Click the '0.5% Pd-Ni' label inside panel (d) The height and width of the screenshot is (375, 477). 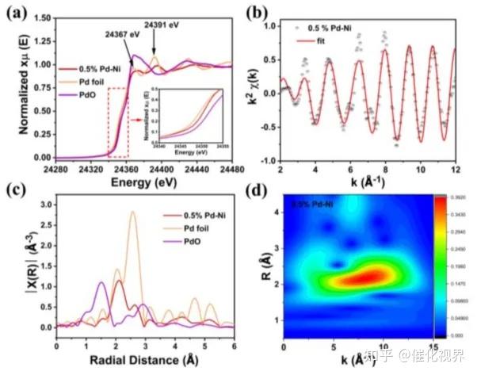pos(314,206)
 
